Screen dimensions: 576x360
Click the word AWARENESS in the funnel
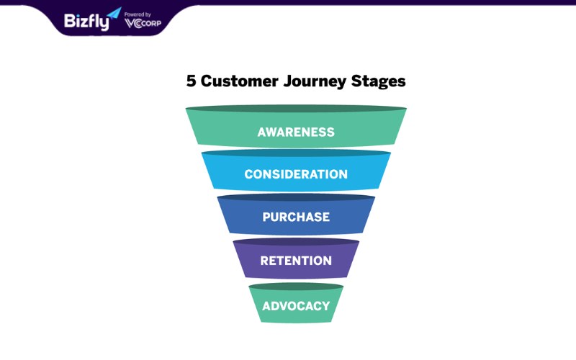click(296, 132)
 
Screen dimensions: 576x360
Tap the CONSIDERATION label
click(296, 174)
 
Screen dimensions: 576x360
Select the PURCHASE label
click(296, 217)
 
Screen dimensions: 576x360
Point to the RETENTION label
click(296, 261)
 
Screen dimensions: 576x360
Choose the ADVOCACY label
click(296, 305)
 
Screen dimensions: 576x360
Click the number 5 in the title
click(191, 81)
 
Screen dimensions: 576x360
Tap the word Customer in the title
click(239, 81)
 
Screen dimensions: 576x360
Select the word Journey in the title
click(315, 82)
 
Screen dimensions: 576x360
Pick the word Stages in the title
click(378, 82)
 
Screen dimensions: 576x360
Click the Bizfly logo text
click(86, 22)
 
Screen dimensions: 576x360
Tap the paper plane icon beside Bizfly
click(114, 13)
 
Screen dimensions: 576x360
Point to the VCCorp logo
click(143, 23)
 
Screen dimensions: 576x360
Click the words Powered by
click(138, 14)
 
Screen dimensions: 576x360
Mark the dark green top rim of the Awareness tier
click(296, 109)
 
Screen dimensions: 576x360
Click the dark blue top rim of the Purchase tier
click(296, 197)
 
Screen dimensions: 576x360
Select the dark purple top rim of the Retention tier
click(296, 242)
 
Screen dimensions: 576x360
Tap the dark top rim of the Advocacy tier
click(296, 286)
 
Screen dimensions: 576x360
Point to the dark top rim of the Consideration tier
click(296, 153)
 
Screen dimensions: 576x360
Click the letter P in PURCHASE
click(266, 217)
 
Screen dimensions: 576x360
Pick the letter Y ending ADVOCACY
click(325, 305)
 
